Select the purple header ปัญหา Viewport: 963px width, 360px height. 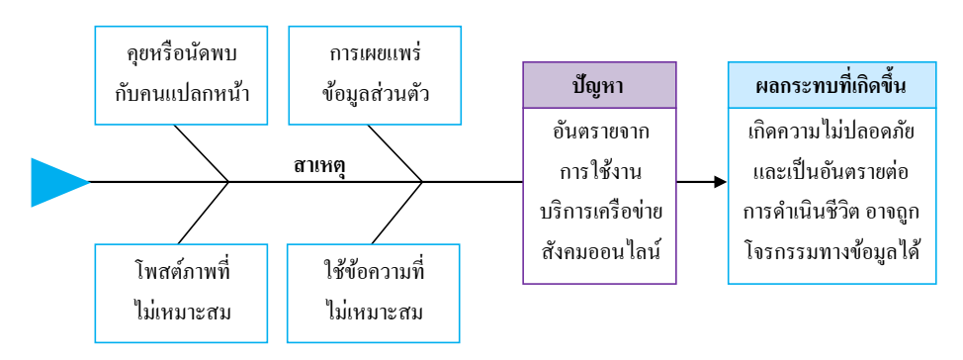pos(598,84)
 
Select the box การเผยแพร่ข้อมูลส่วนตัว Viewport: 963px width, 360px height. pos(375,73)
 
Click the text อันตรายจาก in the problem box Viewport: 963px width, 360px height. pos(598,131)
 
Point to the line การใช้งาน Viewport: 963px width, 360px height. pos(598,171)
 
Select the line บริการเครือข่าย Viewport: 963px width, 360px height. pos(598,212)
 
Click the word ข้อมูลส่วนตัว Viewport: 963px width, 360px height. pos(375,95)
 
